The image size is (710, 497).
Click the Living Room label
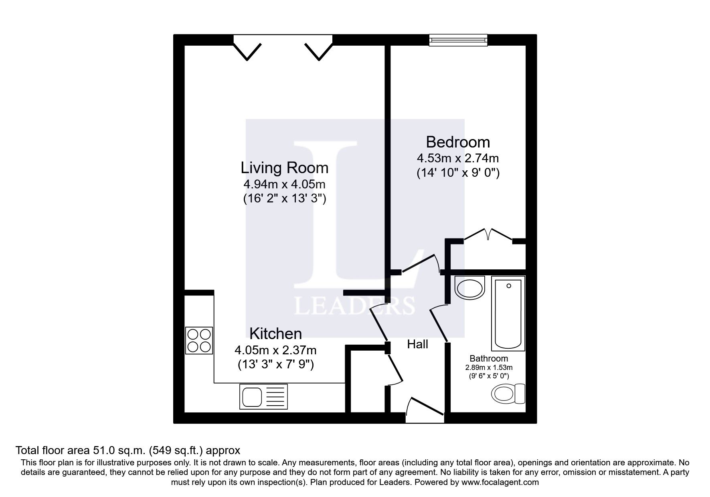click(x=284, y=168)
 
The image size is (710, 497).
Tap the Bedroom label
click(x=457, y=142)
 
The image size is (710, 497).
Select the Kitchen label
click(x=275, y=333)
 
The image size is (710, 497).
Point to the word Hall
click(x=417, y=344)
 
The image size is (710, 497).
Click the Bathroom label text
click(x=488, y=359)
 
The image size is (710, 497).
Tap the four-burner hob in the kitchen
click(x=199, y=341)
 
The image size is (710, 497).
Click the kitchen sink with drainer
click(x=263, y=397)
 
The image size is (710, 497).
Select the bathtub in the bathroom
click(x=508, y=314)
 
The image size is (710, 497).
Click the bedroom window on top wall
click(x=458, y=40)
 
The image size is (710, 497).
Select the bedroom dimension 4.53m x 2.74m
click(x=458, y=158)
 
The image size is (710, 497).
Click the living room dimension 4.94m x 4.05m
click(x=284, y=184)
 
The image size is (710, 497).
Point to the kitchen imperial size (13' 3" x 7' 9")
click(x=275, y=365)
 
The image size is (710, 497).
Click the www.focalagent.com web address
click(x=500, y=482)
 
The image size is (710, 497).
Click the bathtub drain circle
click(x=509, y=286)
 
